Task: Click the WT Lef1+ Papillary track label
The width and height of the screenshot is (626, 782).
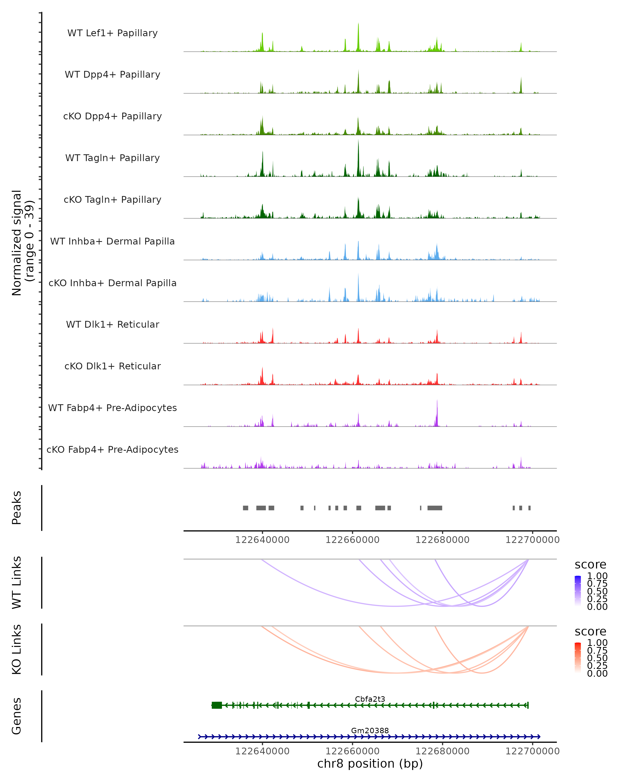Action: click(x=112, y=33)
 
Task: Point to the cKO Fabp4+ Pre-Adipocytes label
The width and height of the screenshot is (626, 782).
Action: click(x=112, y=449)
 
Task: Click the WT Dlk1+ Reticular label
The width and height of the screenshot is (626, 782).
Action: click(x=112, y=325)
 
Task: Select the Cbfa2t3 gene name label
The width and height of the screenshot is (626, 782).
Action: click(x=370, y=699)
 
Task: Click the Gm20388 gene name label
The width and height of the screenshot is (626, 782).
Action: click(x=370, y=730)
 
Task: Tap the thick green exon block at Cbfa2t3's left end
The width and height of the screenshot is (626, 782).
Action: click(x=217, y=705)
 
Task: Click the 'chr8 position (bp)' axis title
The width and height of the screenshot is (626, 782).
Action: click(x=370, y=763)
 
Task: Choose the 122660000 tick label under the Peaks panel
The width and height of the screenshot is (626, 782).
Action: click(x=352, y=540)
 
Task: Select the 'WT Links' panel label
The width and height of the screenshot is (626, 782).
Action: click(x=17, y=583)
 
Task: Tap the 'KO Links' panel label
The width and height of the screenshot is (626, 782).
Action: click(x=17, y=649)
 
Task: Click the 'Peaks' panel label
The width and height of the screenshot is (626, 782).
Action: click(x=17, y=508)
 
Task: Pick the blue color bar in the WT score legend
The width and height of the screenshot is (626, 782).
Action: click(x=578, y=591)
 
